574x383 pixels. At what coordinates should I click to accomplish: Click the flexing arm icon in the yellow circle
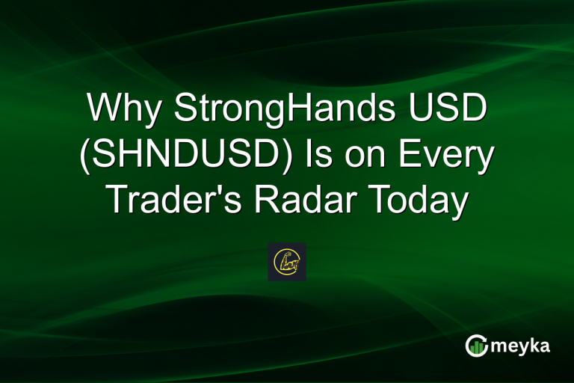pos(287,262)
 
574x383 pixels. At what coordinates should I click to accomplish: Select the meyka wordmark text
pos(519,346)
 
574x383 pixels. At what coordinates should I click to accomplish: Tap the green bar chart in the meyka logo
pos(475,346)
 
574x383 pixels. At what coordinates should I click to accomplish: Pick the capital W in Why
pos(104,111)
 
